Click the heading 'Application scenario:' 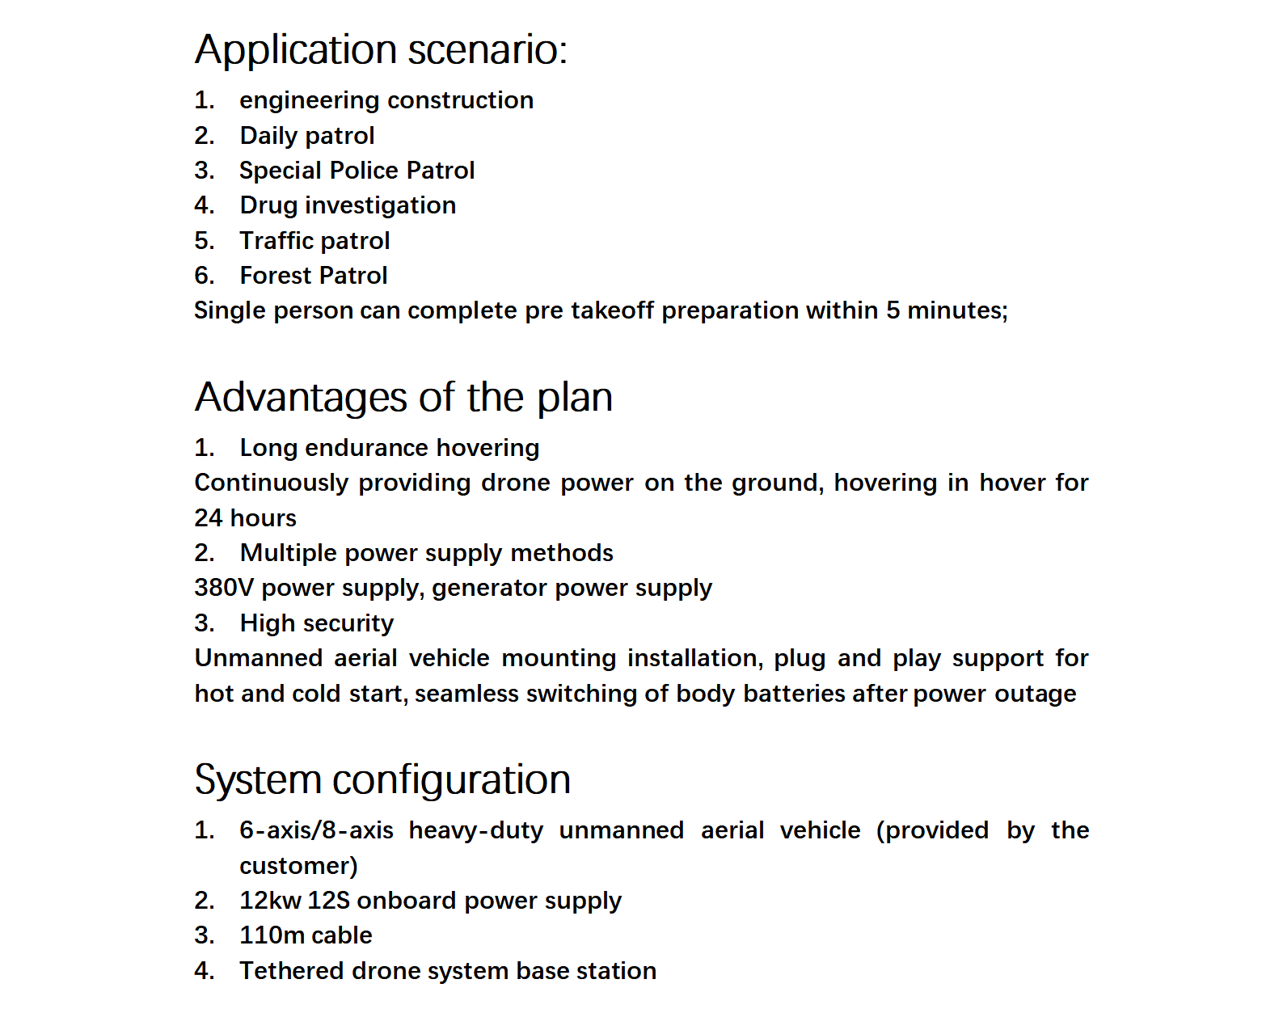(x=381, y=50)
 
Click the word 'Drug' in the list (x=268, y=205)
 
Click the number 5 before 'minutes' (x=893, y=310)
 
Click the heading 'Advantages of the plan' (x=403, y=398)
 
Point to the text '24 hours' (x=245, y=518)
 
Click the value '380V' (x=224, y=588)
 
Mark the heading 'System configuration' (x=382, y=780)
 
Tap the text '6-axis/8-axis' (x=316, y=830)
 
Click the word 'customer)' (x=298, y=866)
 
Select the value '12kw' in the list (x=270, y=901)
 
